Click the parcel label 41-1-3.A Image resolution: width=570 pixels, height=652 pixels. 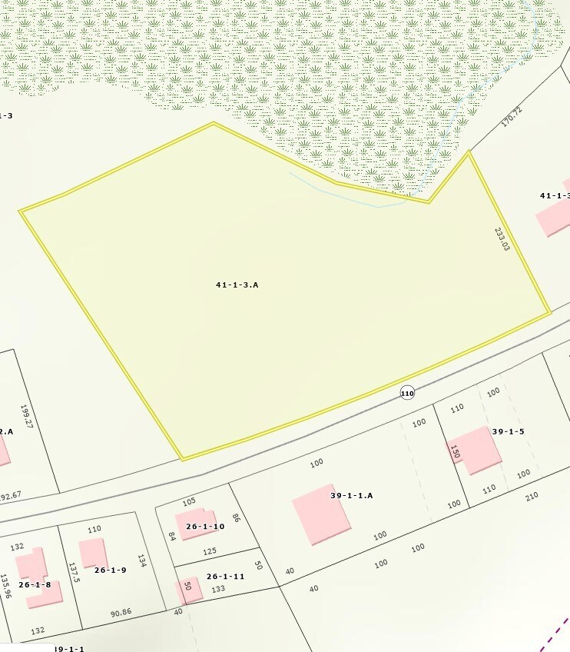click(237, 285)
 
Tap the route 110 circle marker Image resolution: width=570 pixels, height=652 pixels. click(407, 393)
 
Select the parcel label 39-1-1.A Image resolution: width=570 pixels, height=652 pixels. click(351, 496)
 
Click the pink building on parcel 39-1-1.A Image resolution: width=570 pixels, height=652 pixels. click(321, 519)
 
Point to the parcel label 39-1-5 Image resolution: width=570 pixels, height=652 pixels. click(508, 432)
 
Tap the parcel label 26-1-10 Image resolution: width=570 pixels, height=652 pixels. click(204, 527)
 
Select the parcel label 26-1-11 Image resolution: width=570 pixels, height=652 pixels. click(225, 577)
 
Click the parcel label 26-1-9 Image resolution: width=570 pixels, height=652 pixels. click(110, 570)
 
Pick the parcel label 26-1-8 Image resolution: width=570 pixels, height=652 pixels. click(35, 584)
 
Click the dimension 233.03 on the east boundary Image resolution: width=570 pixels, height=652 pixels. click(502, 238)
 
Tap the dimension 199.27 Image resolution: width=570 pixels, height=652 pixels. click(27, 417)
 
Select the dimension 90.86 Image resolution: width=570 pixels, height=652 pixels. click(121, 613)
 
